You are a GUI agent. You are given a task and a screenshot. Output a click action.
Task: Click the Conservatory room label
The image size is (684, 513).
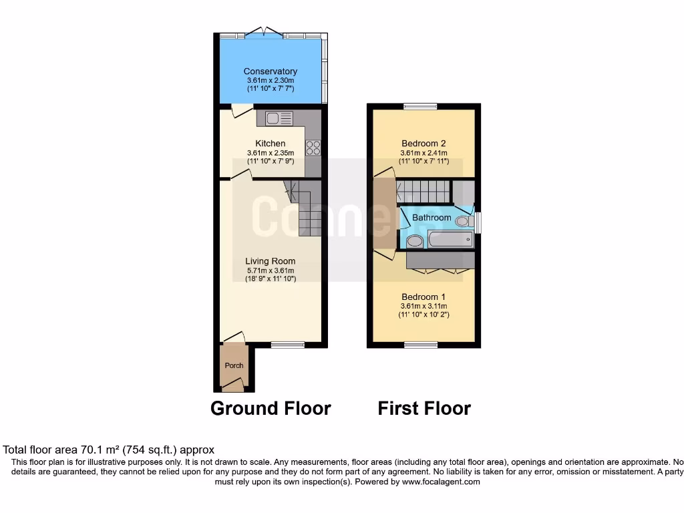270,71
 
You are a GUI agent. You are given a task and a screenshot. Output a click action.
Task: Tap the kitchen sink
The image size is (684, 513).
279,118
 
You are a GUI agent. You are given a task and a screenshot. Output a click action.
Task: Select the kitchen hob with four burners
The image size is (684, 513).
313,148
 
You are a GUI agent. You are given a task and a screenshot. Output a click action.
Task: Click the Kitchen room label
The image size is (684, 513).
270,144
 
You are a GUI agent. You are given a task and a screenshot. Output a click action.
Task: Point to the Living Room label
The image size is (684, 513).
270,261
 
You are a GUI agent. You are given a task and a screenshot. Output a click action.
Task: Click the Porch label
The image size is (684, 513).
234,365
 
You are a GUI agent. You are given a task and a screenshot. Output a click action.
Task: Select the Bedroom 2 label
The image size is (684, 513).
423,144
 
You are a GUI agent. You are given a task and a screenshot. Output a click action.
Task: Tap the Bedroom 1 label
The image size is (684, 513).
423,297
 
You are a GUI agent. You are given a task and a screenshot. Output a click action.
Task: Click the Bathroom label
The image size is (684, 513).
431,218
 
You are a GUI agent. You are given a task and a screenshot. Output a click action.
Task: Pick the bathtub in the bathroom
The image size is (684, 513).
450,239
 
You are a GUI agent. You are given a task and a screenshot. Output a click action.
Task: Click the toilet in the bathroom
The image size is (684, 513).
463,220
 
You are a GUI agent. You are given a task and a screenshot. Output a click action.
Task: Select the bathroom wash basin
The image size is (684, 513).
414,241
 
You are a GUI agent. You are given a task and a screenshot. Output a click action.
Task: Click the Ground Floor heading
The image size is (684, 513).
271,408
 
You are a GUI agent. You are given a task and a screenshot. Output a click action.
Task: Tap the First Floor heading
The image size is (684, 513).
424,408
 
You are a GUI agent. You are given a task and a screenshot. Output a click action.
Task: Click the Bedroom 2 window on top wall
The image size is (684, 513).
420,106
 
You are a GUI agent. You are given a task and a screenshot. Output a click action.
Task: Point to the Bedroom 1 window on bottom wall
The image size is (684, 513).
421,345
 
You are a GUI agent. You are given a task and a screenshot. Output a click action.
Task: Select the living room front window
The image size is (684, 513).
287,345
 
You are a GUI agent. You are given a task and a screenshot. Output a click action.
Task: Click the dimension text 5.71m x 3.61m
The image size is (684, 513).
270,270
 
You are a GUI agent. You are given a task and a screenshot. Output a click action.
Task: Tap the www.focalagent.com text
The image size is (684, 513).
441,482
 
